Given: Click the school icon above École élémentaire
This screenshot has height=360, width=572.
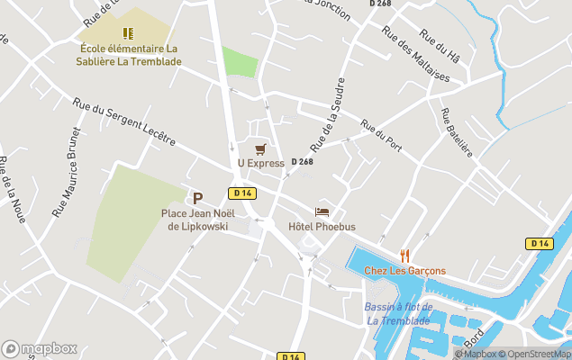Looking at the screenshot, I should click(x=128, y=33).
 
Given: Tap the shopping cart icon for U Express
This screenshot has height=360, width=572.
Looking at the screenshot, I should click(x=260, y=148).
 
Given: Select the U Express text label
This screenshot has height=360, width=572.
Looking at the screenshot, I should click(x=260, y=163).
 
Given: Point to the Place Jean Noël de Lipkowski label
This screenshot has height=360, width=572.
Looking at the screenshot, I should click(x=195, y=220).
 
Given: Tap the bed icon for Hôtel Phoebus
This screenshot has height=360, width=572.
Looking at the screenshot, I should click(x=322, y=211).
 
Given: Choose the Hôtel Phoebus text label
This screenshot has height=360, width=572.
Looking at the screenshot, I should click(x=322, y=227).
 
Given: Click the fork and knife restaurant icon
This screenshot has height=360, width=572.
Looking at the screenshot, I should click(x=404, y=256).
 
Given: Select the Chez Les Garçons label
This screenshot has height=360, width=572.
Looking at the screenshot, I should click(x=404, y=271).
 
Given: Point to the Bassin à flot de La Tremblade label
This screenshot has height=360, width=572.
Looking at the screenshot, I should click(x=399, y=314).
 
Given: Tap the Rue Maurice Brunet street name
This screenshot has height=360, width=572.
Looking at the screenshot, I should click(x=68, y=171).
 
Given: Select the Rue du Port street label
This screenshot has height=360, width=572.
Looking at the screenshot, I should click(x=381, y=136).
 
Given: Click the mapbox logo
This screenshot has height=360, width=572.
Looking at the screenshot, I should click(x=40, y=348).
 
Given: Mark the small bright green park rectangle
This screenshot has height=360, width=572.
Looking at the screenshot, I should click(x=240, y=62).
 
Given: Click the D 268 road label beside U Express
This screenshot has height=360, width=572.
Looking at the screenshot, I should click(x=302, y=162).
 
